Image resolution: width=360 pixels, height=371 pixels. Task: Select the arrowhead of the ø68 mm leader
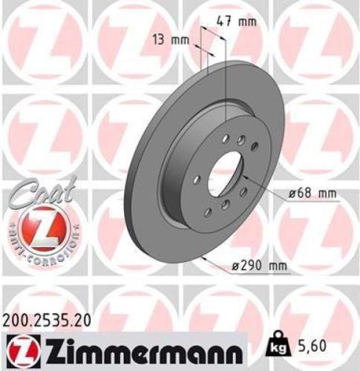coord(246,178)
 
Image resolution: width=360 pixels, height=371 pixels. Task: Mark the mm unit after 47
coord(250,22)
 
